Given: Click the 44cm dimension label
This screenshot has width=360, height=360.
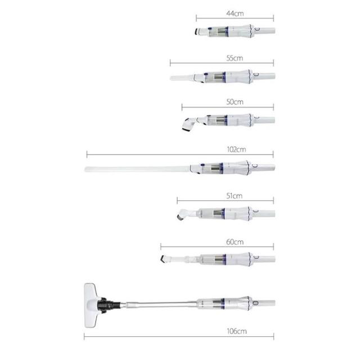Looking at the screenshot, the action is [235, 13].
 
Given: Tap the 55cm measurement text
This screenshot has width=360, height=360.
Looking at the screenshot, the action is [235, 58].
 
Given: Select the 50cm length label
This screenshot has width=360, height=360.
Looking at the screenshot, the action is [235, 102].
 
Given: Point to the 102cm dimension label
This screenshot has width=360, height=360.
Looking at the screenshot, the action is [236, 150].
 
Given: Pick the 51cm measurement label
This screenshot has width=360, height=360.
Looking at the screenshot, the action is [235, 196].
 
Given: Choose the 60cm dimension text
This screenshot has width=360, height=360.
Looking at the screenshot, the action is [235, 242].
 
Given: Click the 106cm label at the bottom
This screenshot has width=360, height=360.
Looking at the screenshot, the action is [237, 331].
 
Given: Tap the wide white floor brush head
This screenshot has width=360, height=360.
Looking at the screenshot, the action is [91, 305].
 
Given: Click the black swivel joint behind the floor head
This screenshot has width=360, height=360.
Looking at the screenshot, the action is [109, 305].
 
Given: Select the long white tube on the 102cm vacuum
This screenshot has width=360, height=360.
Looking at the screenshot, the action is [137, 169].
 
